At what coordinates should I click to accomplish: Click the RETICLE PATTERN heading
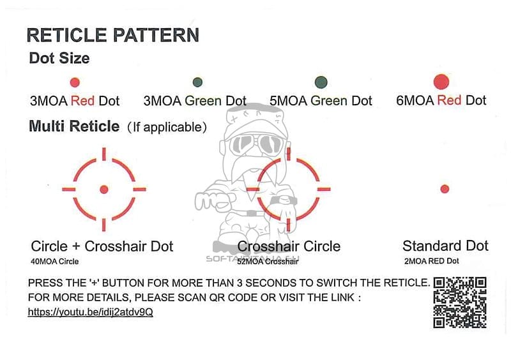coord(113,35)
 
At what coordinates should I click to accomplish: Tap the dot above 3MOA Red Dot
coord(75,82)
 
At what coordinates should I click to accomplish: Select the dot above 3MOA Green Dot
coord(197,82)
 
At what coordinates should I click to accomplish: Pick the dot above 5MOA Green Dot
coord(321,82)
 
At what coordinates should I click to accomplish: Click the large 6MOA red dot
coord(441,82)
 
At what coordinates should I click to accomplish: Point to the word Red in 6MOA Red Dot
coord(449,100)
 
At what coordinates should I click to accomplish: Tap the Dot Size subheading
coord(59,58)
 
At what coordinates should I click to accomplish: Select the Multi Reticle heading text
coord(74,126)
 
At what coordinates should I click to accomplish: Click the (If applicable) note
coord(167,127)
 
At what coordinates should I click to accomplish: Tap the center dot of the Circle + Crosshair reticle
coord(104,190)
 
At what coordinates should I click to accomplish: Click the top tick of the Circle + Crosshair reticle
coord(104,154)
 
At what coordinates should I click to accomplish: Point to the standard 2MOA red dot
coord(445,189)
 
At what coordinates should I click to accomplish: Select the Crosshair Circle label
coord(289,246)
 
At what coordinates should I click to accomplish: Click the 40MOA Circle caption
coord(55,262)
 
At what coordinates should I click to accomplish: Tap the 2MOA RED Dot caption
coord(432,261)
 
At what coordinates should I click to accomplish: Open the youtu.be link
coord(90,312)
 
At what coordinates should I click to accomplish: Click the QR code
coord(460,303)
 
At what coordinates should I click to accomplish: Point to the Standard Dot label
coord(445,246)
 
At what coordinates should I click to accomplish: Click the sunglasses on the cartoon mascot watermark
coord(256,144)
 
